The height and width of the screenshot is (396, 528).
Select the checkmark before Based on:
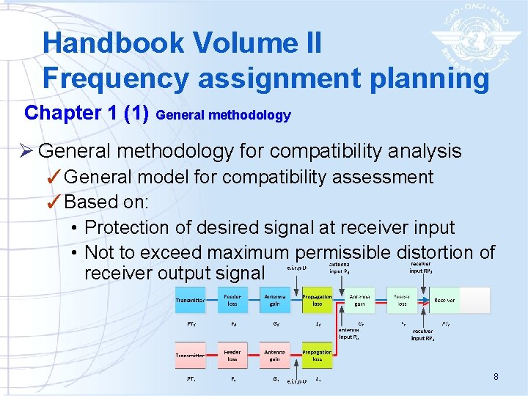pyautogui.click(x=54, y=202)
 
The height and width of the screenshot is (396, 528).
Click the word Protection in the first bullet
pyautogui.click(x=139, y=227)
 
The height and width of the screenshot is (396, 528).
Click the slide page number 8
pyautogui.click(x=496, y=377)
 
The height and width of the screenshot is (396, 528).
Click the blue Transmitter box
pyautogui.click(x=190, y=300)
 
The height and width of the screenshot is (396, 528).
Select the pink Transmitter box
pyautogui.click(x=190, y=356)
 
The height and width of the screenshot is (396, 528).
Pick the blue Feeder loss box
pyautogui.click(x=232, y=300)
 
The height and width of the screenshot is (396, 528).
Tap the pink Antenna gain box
pyautogui.click(x=275, y=356)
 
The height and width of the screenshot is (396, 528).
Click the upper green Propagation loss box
pyautogui.click(x=317, y=300)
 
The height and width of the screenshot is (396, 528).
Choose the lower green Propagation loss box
pyautogui.click(x=317, y=356)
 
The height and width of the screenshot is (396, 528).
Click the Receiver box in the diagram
pyautogui.click(x=444, y=300)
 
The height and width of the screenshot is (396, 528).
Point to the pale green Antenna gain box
pyautogui.click(x=359, y=300)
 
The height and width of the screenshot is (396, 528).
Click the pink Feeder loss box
pyautogui.click(x=232, y=356)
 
